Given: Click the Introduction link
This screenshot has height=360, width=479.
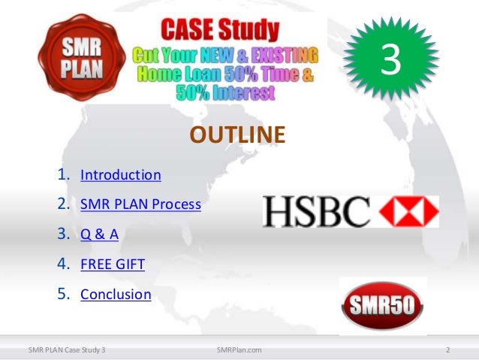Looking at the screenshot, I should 120,175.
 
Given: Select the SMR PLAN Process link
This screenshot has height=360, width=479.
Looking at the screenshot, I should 140,204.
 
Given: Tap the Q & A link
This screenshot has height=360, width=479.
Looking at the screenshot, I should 99,234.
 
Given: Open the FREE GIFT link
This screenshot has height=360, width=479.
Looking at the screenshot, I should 113,264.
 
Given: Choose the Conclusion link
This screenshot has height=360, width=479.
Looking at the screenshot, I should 116,294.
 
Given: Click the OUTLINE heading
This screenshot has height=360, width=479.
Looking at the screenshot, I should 238,135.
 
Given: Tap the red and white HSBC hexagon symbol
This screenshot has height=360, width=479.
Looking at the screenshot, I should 409,212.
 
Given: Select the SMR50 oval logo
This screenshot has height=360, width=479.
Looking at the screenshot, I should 383,306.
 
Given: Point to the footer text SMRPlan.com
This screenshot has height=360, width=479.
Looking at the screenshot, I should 239,349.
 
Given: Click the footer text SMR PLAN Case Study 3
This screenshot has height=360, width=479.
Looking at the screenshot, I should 67,349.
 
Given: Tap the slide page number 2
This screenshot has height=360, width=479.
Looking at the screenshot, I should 447,349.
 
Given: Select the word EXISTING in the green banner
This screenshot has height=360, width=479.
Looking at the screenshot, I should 284,55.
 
